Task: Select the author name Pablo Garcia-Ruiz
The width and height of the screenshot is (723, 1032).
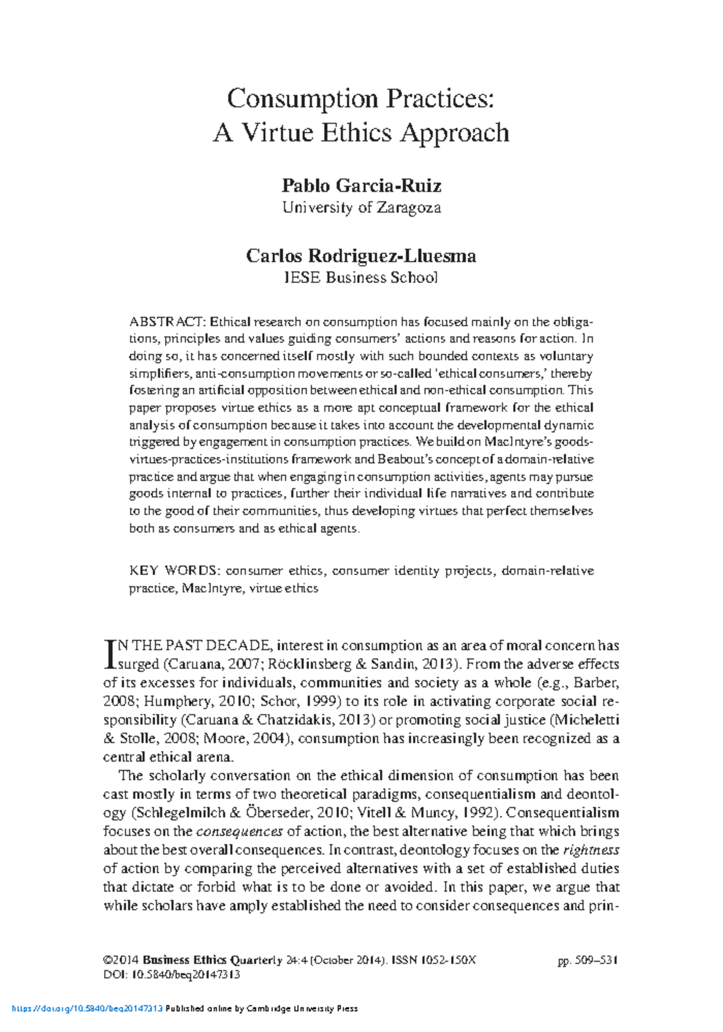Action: [361, 185]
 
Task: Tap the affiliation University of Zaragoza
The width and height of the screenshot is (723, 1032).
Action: [361, 208]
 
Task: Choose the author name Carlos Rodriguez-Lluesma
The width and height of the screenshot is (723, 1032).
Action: [361, 256]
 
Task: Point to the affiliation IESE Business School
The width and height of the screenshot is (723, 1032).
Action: [361, 278]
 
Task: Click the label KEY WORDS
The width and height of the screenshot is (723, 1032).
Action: [175, 570]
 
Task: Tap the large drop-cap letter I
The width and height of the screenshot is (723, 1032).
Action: [110, 655]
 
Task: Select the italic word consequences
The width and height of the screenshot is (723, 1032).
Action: [240, 832]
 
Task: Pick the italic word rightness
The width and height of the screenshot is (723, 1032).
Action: [591, 850]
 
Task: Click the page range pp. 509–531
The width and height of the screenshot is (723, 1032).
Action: [588, 960]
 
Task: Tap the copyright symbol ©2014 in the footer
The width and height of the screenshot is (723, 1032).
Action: [121, 960]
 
